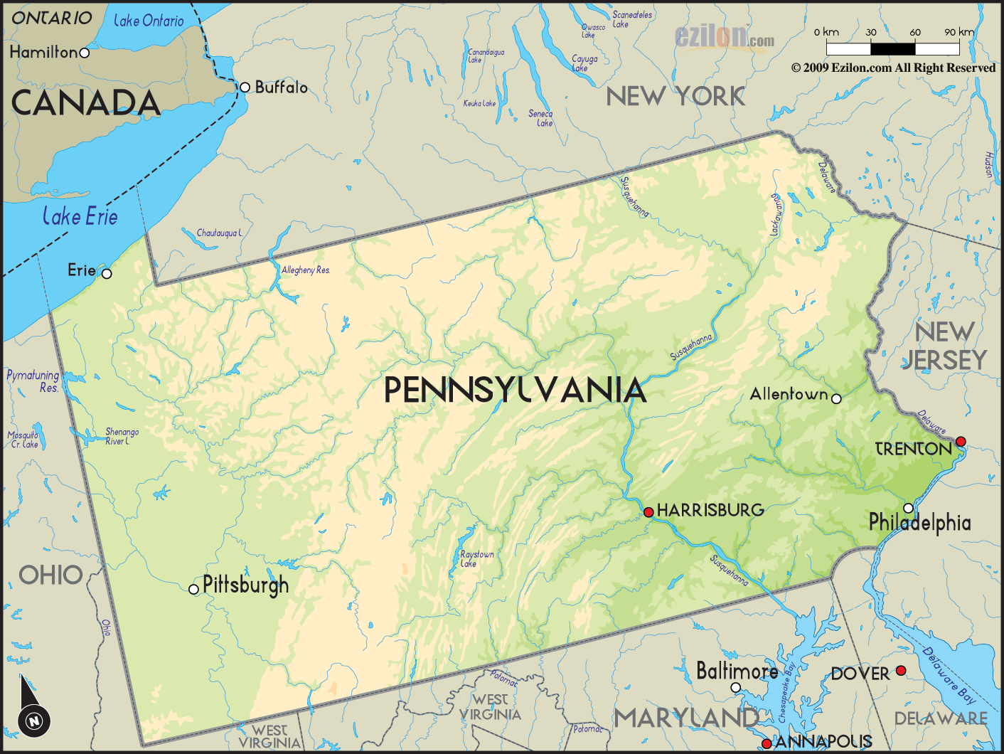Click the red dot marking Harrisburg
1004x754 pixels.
(x=648, y=512)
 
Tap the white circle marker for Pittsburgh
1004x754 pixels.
(x=193, y=589)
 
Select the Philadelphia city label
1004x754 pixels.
(x=919, y=523)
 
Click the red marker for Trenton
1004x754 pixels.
(x=961, y=442)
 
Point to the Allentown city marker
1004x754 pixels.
(x=836, y=399)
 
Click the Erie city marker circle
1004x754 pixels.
(x=107, y=274)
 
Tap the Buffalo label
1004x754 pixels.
(x=281, y=87)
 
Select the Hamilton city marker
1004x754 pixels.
(x=85, y=53)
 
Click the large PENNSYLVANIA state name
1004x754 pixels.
(x=515, y=391)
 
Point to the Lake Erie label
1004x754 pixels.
(x=80, y=216)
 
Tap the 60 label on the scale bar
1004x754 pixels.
(x=915, y=32)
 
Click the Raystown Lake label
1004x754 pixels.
(x=476, y=558)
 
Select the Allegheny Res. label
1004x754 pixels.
(x=306, y=270)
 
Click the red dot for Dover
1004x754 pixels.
(x=901, y=671)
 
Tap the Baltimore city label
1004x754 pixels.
(x=737, y=671)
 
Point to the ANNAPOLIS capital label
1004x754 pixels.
(x=823, y=742)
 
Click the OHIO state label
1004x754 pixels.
(x=50, y=575)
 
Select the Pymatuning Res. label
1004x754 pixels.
(x=33, y=381)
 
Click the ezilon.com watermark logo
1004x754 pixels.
(x=724, y=37)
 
